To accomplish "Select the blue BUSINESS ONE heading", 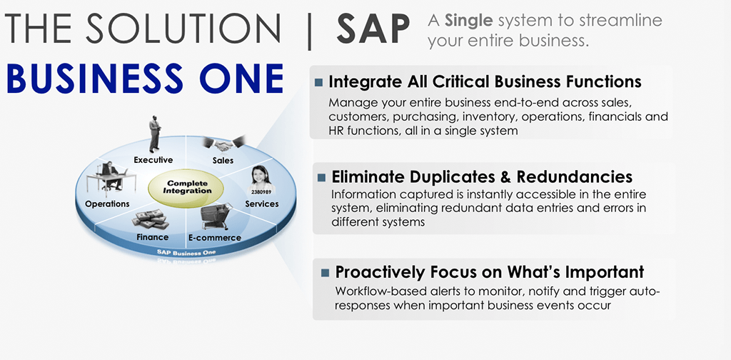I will (145, 78).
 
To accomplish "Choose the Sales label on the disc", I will (223, 161).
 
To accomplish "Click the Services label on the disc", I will (261, 204).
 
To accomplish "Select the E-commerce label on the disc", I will (214, 237).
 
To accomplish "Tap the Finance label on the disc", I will (153, 237).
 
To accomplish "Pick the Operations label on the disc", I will (107, 204).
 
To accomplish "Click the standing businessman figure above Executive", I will (155, 133).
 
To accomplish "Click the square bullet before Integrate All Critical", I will (318, 82).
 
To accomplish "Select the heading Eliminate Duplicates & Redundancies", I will (482, 176).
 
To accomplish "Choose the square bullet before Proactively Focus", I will (326, 272).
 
